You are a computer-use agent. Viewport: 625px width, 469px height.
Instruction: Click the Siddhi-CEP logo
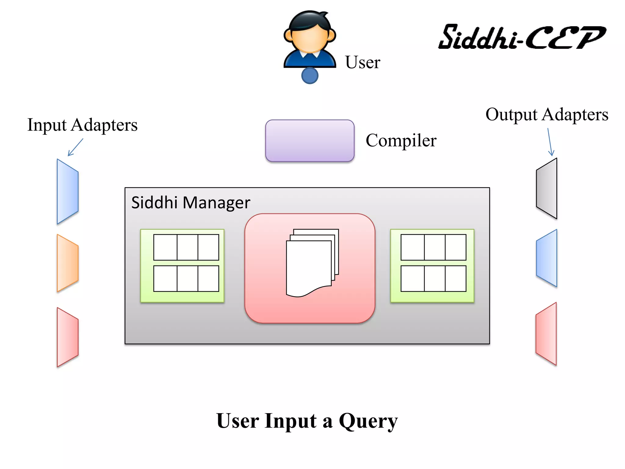[x=522, y=37]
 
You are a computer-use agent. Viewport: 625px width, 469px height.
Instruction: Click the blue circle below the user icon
[x=310, y=75]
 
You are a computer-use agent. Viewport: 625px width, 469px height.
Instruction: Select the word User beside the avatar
[x=363, y=62]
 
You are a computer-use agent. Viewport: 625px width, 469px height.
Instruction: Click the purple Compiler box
[x=310, y=140]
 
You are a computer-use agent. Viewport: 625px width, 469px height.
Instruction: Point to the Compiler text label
[x=401, y=140]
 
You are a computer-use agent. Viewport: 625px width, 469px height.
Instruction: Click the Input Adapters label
[x=82, y=125]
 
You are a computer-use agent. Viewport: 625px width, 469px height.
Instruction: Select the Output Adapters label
[x=547, y=115]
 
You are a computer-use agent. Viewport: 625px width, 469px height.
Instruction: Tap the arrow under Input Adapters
[x=75, y=147]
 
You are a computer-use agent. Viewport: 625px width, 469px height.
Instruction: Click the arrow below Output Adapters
[x=550, y=142]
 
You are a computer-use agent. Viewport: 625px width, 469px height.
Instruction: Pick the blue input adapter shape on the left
[x=67, y=191]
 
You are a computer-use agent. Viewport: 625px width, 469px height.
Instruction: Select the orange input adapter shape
[x=67, y=263]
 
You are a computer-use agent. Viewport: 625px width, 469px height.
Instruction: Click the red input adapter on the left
[x=67, y=337]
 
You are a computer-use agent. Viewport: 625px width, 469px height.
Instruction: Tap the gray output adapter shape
[x=547, y=188]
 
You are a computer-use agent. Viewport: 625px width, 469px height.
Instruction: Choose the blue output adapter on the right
[x=547, y=258]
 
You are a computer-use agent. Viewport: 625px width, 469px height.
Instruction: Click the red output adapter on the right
[x=546, y=334]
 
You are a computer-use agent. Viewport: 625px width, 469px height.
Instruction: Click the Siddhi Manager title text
[x=191, y=202]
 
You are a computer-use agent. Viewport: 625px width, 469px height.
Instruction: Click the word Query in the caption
[x=368, y=421]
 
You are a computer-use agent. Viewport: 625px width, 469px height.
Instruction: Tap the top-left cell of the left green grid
[x=165, y=247]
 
